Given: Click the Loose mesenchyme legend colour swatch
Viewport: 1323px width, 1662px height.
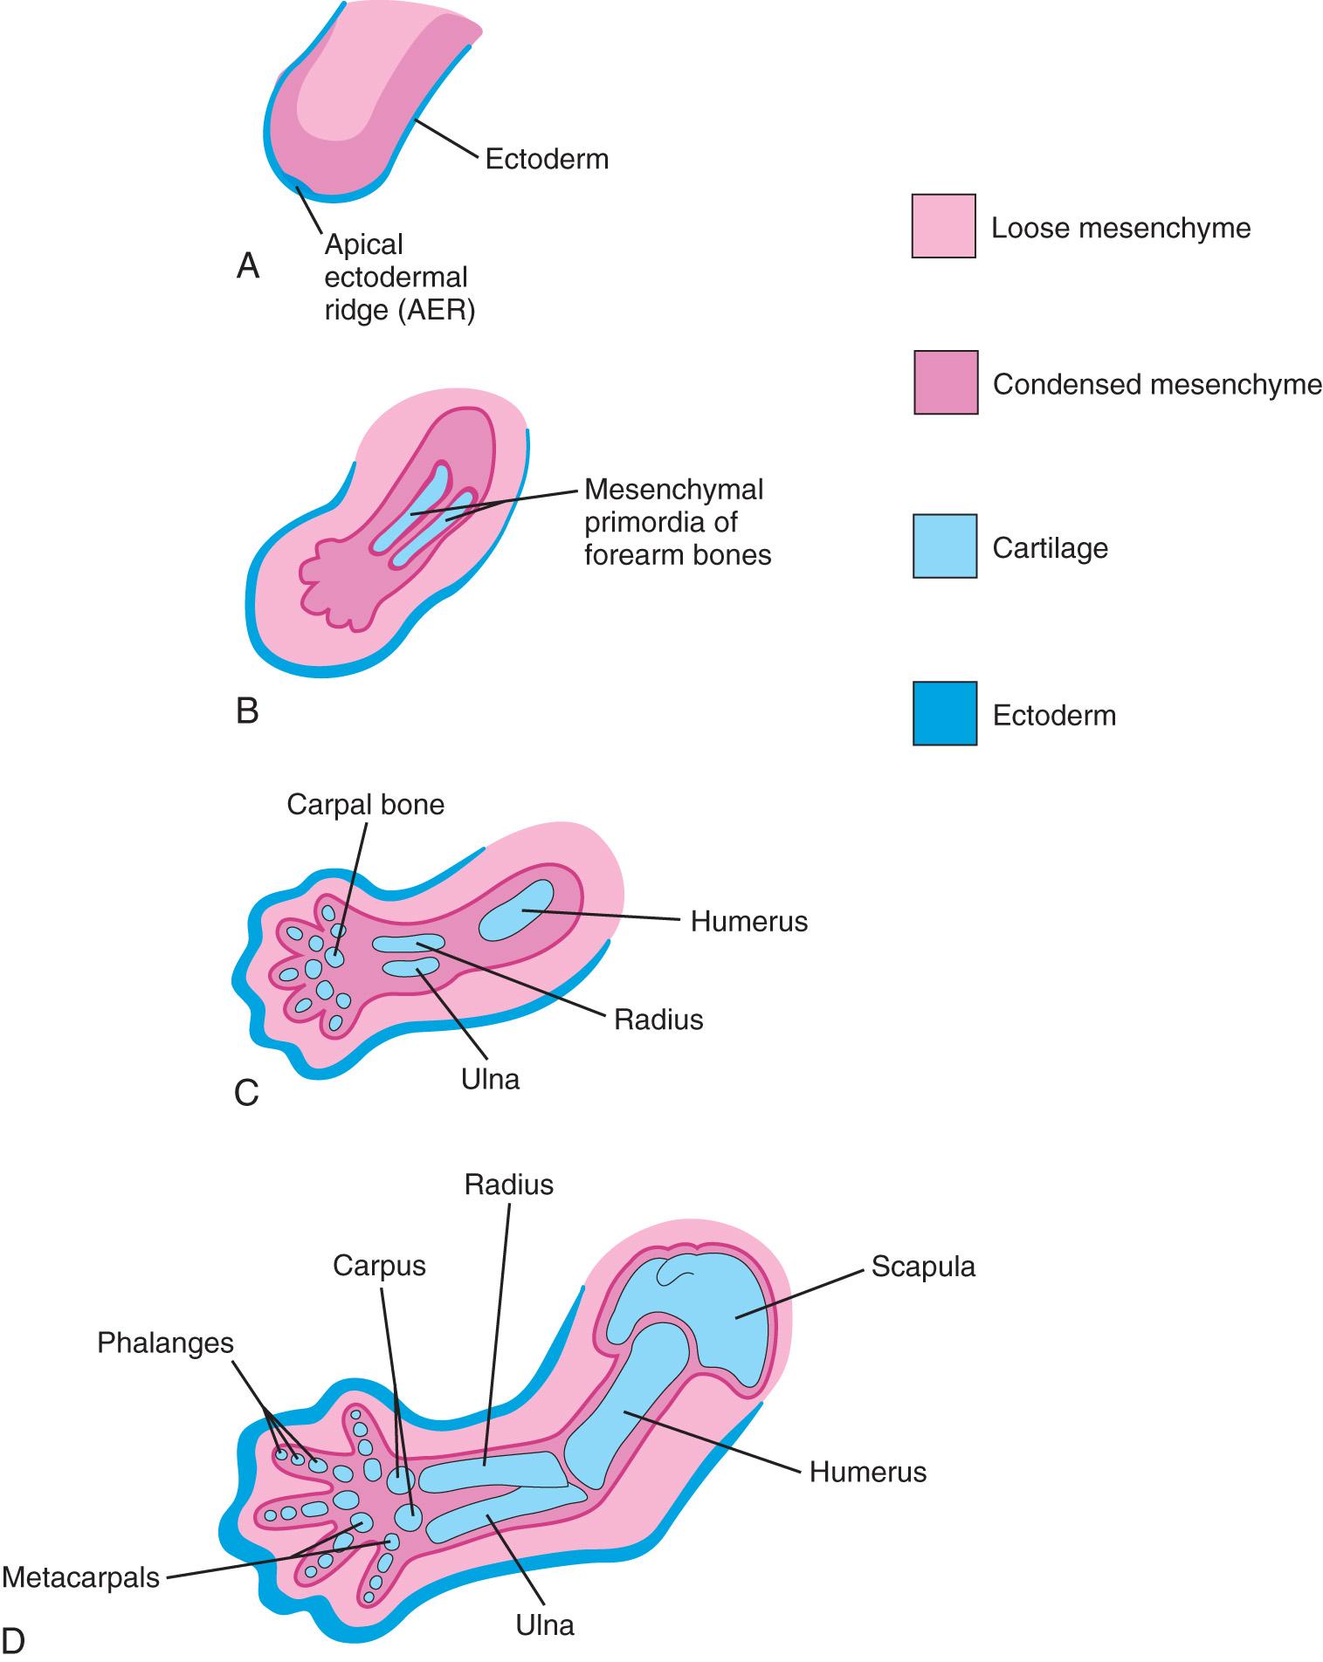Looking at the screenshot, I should pyautogui.click(x=943, y=226).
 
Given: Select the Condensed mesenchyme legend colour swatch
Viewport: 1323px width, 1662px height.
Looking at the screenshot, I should pyautogui.click(x=946, y=382).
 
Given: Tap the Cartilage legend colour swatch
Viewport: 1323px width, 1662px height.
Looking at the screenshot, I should pyautogui.click(x=944, y=546).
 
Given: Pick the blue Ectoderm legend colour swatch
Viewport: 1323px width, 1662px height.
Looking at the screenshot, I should pyautogui.click(x=944, y=714).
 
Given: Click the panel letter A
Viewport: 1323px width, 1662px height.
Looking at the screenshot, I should pyautogui.click(x=248, y=266).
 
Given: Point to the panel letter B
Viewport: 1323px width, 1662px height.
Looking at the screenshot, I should pyautogui.click(x=247, y=711).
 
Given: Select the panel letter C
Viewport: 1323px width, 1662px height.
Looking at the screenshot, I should pyautogui.click(x=247, y=1093).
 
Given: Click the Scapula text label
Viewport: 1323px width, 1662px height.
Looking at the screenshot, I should pyautogui.click(x=922, y=1267).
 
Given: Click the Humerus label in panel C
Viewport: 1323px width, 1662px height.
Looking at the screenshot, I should pyautogui.click(x=748, y=921).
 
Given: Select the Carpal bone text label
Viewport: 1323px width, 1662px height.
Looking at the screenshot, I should pyautogui.click(x=365, y=804).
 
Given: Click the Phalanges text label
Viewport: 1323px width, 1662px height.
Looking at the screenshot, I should pyautogui.click(x=165, y=1343).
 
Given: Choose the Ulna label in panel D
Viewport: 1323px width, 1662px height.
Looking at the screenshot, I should pyautogui.click(x=545, y=1625).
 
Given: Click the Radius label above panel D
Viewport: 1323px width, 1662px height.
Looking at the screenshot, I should pyautogui.click(x=508, y=1185).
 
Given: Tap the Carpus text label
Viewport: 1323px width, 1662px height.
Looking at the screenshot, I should pyautogui.click(x=379, y=1266).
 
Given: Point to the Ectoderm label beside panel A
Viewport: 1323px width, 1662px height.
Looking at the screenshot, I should pyautogui.click(x=547, y=160).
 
